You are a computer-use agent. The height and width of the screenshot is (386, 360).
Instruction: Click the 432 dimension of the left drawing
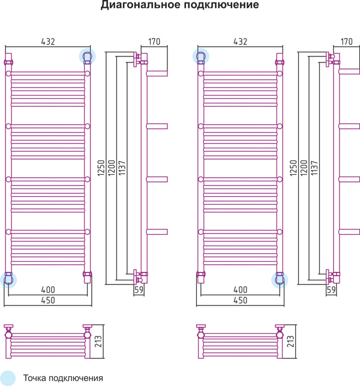(48, 41)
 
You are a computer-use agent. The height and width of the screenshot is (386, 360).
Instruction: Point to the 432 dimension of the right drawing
(240, 41)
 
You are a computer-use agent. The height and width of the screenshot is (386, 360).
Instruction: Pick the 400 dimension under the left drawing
(48, 289)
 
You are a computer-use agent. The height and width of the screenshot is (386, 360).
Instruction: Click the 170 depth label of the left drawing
(154, 41)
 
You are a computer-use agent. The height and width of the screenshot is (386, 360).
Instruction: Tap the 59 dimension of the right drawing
(331, 290)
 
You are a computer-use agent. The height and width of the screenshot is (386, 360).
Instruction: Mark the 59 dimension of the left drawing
(139, 290)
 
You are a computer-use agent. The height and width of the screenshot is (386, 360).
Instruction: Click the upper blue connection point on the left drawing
(88, 56)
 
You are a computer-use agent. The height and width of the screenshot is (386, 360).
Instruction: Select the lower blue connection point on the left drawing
(8, 279)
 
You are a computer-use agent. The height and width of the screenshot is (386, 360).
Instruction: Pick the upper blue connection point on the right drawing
(200, 56)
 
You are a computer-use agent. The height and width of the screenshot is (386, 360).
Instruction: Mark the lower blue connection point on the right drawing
(280, 279)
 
